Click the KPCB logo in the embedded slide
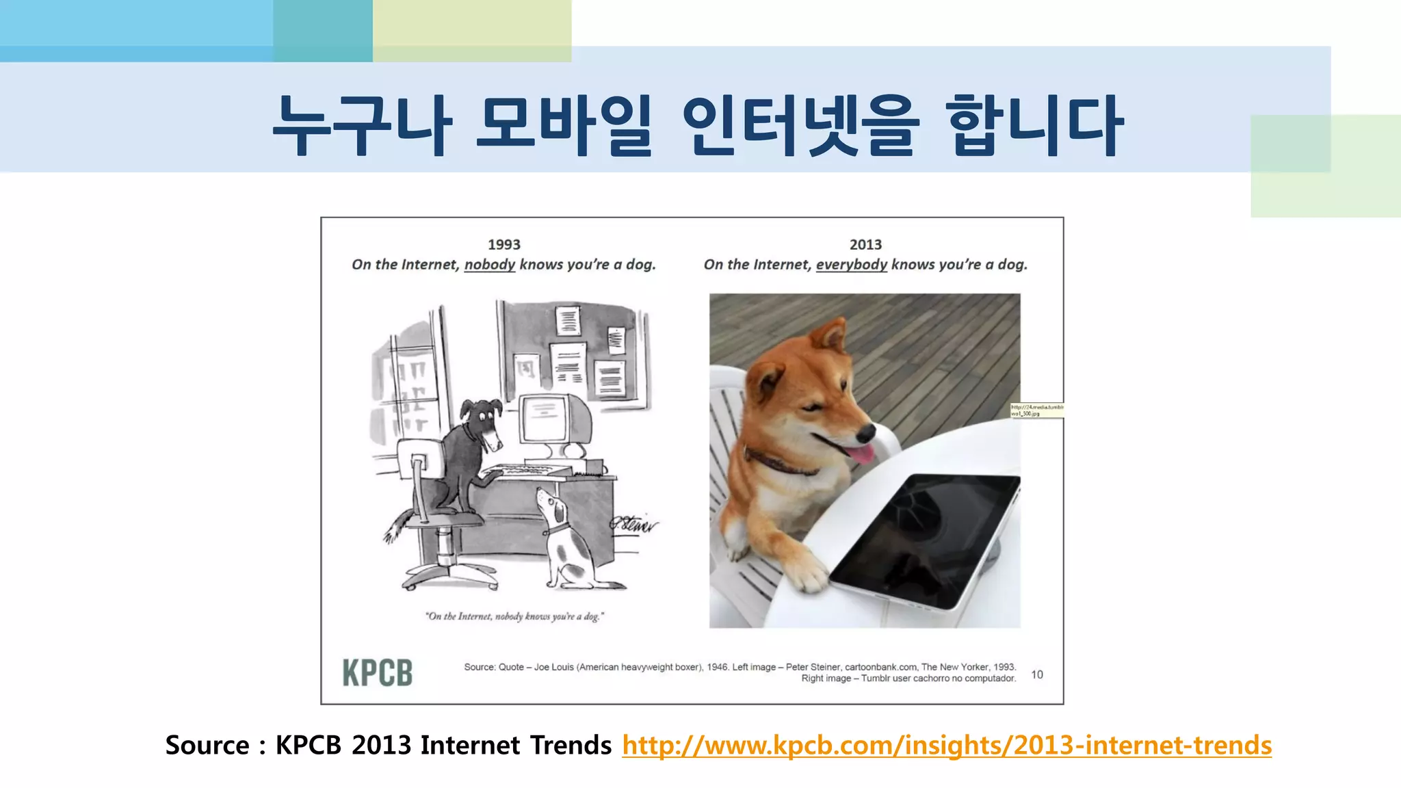tap(378, 672)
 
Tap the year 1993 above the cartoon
tap(504, 245)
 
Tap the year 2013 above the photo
tap(865, 245)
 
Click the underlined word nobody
tap(490, 265)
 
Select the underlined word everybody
tap(852, 265)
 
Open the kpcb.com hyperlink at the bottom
tap(947, 746)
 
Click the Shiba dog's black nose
tap(866, 432)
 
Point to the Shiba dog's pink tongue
tap(861, 454)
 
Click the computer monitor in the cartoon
tap(547, 420)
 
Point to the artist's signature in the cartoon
tap(634, 524)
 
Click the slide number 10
tap(1037, 674)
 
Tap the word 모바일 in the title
tap(564, 126)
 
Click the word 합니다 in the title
tap(1034, 126)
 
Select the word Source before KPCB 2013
tap(207, 746)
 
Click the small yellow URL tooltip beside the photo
tap(1037, 410)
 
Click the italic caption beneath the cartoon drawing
tap(514, 616)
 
